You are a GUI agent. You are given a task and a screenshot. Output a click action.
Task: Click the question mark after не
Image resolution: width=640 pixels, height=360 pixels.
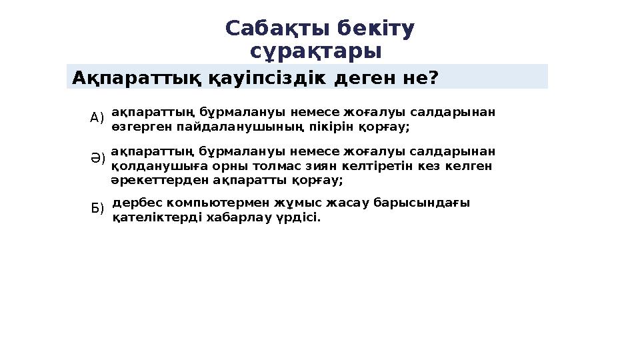(x=433, y=78)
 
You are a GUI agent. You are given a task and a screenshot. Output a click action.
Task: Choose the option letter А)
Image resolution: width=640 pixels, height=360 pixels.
(x=97, y=118)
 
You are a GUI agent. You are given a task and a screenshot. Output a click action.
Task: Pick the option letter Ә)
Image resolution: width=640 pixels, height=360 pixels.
(x=97, y=159)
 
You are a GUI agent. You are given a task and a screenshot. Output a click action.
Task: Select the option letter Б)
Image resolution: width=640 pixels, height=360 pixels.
(x=97, y=209)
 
